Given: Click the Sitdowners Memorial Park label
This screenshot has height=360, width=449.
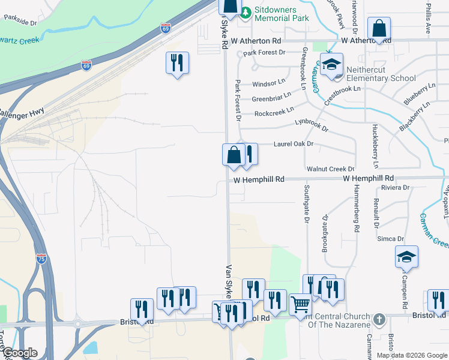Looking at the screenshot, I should pyautogui.click(x=281, y=14).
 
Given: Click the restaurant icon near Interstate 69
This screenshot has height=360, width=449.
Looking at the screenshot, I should pyautogui.click(x=177, y=63).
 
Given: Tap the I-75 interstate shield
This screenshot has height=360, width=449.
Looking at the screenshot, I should pyautogui.click(x=41, y=259).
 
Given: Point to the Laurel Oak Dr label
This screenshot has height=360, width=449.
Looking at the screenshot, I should pyautogui.click(x=294, y=144).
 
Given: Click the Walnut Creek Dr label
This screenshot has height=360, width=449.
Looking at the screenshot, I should pyautogui.click(x=330, y=170).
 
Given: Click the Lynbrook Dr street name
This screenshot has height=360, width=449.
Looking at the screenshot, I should pyautogui.click(x=312, y=125).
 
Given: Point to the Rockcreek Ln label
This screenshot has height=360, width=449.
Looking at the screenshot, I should pyautogui.click(x=274, y=112).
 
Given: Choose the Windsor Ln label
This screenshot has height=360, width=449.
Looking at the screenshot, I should pyautogui.click(x=268, y=83).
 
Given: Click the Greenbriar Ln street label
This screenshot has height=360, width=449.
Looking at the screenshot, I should pyautogui.click(x=271, y=97).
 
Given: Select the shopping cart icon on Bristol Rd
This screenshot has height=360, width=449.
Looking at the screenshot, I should pyautogui.click(x=300, y=305).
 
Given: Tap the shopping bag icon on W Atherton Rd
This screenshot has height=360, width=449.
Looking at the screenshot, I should pyautogui.click(x=379, y=28).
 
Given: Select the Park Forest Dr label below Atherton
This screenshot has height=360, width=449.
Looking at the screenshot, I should pyautogui.click(x=264, y=52).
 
